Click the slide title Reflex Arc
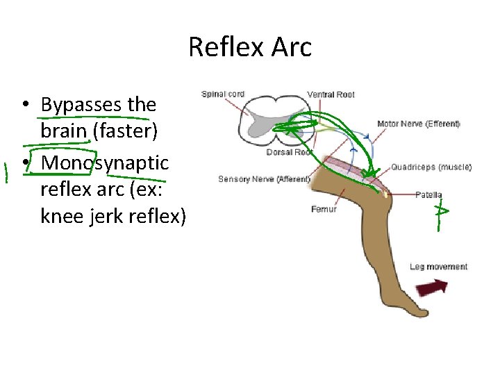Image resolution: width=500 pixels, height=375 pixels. tap(250, 47)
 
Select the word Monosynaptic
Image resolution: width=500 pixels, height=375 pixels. tap(105, 162)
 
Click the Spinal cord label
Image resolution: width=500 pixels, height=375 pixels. tap(222, 94)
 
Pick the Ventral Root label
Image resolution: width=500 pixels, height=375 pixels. tap(331, 94)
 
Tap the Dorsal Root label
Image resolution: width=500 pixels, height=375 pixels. tap(289, 152)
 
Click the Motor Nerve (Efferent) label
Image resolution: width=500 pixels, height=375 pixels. tap(418, 124)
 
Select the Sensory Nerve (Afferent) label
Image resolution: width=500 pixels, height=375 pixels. tap(264, 179)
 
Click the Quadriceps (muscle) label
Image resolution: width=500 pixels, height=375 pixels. tap(431, 167)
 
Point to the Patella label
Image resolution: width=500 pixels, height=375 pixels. tap(428, 195)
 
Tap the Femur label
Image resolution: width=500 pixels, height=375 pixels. tap(324, 209)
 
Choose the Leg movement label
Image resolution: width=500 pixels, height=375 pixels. tap(438, 267)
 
